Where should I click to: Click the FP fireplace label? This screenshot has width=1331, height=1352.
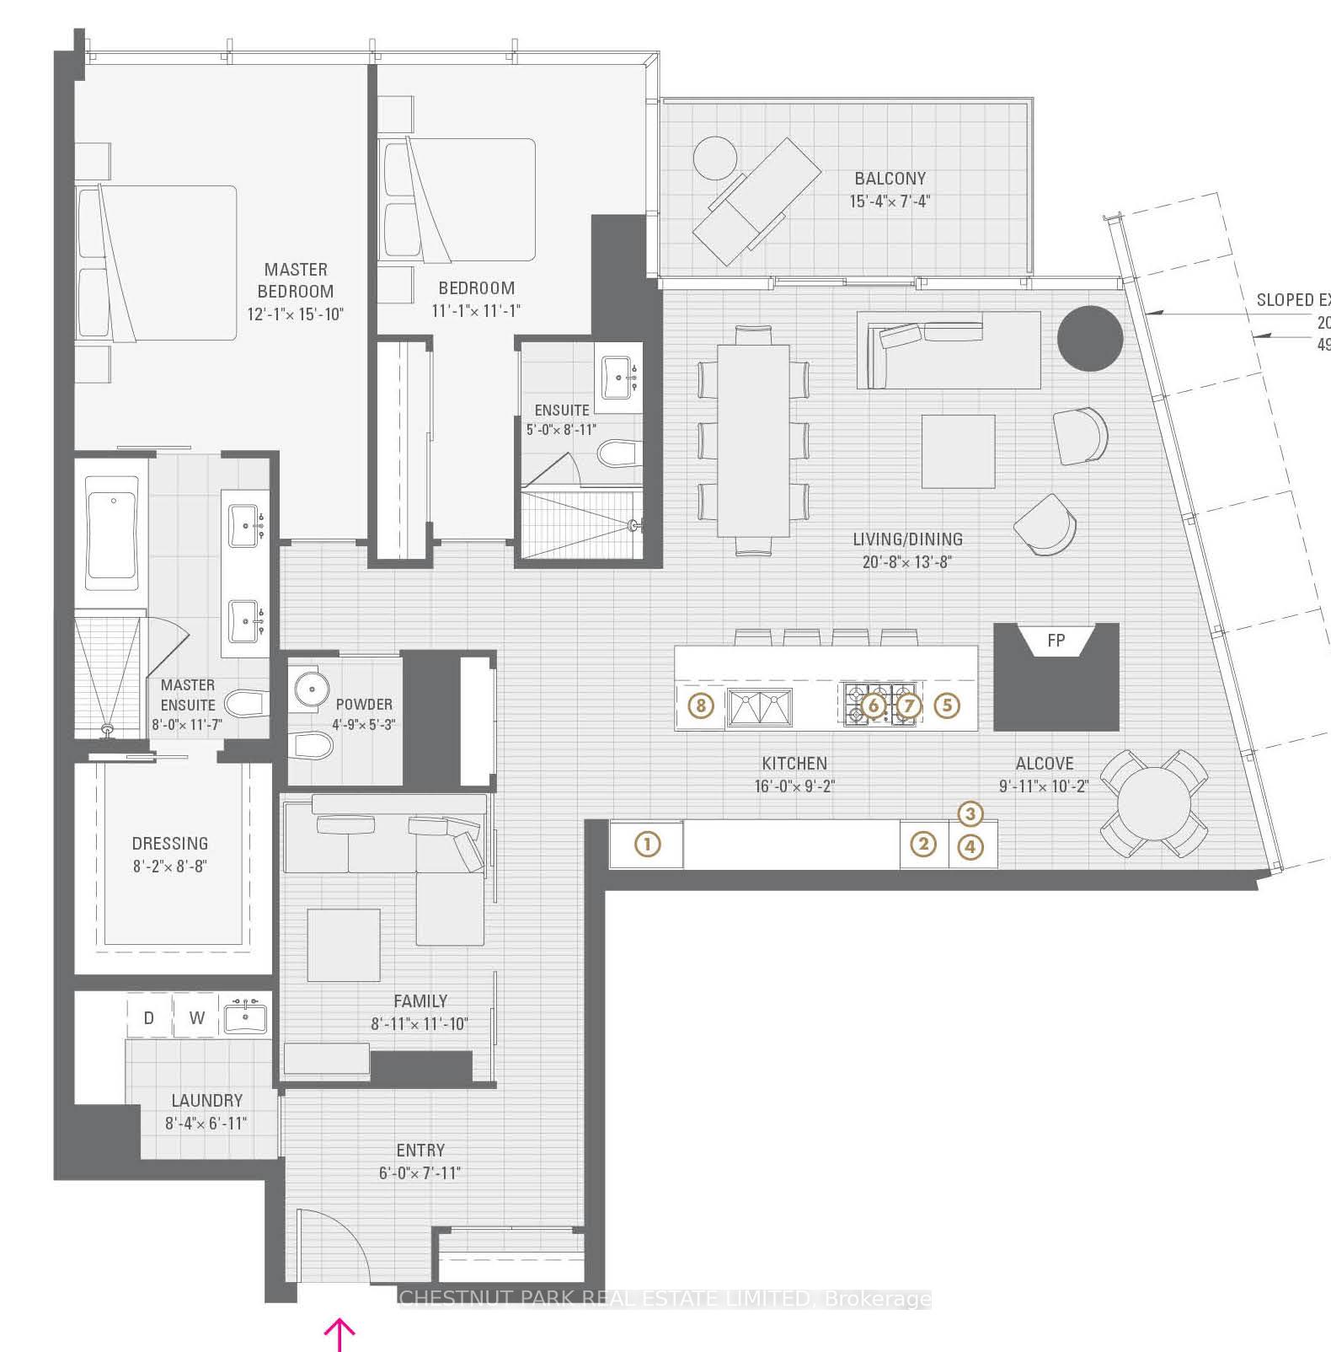click(1056, 641)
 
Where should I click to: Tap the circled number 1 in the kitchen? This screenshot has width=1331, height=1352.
click(647, 844)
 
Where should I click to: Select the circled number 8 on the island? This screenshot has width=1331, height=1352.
click(701, 705)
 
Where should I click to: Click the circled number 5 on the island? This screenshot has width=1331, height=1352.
click(947, 705)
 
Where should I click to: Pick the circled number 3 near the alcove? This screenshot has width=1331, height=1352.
click(970, 813)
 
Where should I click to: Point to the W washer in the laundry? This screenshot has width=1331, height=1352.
click(197, 1017)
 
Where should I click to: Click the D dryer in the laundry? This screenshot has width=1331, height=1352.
click(149, 1017)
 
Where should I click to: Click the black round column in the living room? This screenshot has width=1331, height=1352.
click(1090, 338)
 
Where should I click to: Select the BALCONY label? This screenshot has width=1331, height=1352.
click(890, 179)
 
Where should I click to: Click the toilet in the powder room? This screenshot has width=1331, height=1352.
click(308, 744)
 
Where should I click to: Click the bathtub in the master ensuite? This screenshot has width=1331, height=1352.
click(112, 533)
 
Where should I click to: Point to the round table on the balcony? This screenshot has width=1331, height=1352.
click(714, 158)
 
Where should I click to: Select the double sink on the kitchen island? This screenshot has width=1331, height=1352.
click(760, 706)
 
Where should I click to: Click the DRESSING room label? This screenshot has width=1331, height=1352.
click(170, 843)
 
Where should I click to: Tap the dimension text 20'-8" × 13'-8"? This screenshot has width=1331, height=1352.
click(906, 561)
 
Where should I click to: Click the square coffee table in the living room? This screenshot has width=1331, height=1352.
click(958, 451)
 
